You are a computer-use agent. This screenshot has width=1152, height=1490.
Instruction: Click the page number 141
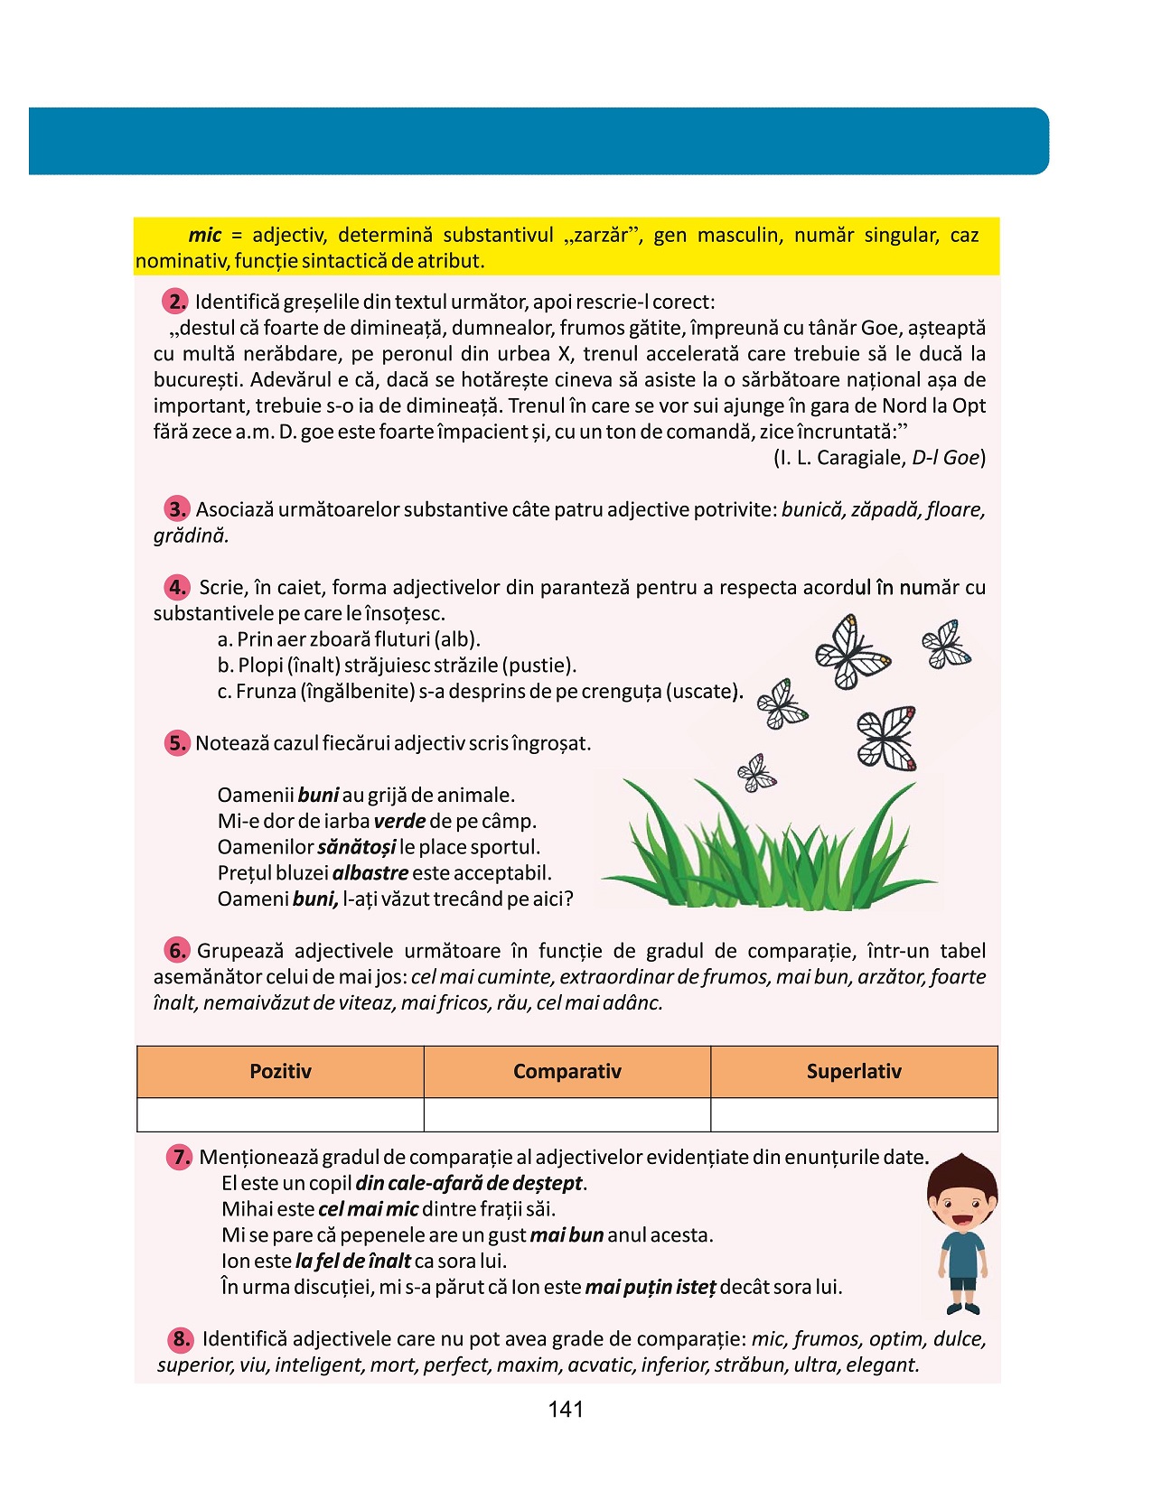tap(566, 1410)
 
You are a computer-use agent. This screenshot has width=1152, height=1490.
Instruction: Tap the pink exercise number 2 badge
tap(175, 302)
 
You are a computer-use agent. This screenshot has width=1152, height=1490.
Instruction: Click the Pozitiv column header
tap(280, 1072)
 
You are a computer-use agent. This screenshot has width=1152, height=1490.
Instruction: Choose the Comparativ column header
tap(567, 1072)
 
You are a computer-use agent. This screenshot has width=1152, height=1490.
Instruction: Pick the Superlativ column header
tap(854, 1072)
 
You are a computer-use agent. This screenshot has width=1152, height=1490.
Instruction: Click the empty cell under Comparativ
tap(567, 1114)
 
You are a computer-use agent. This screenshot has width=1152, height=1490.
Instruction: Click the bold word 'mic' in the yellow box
tap(205, 236)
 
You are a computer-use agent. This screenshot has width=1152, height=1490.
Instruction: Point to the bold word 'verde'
tap(399, 822)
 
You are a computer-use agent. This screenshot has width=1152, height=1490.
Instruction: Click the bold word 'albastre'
tap(370, 873)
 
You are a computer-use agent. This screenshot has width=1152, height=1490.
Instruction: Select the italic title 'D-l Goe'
tap(945, 458)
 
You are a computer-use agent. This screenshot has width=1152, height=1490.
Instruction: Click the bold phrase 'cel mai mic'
tap(369, 1209)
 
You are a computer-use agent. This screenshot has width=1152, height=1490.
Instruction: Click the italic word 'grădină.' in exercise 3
tap(191, 536)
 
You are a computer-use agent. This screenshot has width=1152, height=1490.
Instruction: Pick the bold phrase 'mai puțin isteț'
tap(651, 1288)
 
